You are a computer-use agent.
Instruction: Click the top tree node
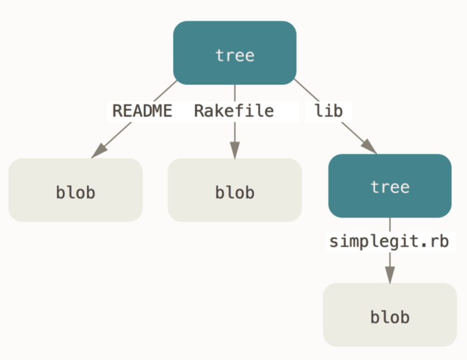click(235, 53)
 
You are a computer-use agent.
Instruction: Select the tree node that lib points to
click(390, 186)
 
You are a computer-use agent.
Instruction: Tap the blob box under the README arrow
click(75, 190)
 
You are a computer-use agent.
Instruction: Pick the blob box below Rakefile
click(235, 190)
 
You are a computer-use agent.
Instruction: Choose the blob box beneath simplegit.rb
click(390, 315)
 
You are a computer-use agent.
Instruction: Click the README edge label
click(142, 111)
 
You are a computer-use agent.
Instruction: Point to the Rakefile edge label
click(234, 111)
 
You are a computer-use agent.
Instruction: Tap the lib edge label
click(329, 111)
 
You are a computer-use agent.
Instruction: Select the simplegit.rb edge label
click(389, 242)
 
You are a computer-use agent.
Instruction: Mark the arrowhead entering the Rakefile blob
click(235, 151)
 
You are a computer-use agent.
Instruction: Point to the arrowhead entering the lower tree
click(369, 146)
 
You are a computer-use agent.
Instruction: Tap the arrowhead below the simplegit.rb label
click(390, 275)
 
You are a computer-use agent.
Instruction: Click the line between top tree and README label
click(165, 91)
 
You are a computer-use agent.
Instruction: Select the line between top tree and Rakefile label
click(235, 93)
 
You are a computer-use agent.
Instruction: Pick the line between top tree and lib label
click(306, 90)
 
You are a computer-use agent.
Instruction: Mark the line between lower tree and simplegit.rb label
click(390, 225)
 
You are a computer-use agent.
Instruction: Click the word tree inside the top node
click(235, 55)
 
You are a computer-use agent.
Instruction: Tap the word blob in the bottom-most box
click(390, 317)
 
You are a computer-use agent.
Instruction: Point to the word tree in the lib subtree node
click(390, 187)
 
